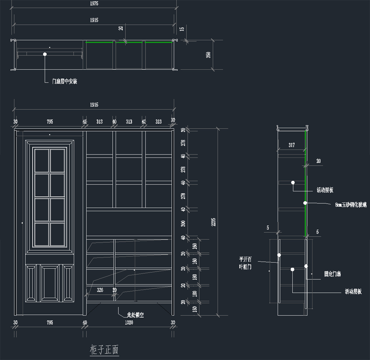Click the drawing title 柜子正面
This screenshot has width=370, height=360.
(x=104, y=350)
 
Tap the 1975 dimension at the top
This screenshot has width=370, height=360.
(x=94, y=3)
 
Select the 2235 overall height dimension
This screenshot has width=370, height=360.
(x=213, y=222)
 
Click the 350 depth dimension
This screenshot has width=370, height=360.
(x=208, y=55)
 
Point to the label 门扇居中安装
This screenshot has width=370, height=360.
(x=64, y=81)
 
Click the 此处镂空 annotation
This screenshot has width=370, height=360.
(x=135, y=315)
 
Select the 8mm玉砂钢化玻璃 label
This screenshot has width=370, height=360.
(x=351, y=205)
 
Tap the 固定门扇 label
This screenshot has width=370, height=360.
(x=332, y=274)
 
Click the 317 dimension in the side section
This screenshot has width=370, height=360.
(x=292, y=145)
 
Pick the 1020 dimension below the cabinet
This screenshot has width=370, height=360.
(x=129, y=322)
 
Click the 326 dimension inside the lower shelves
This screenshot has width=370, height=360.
(x=100, y=290)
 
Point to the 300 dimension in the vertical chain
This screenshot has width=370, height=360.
(x=183, y=223)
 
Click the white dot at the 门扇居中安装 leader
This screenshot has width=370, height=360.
(x=45, y=54)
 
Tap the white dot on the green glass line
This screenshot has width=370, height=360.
(x=305, y=203)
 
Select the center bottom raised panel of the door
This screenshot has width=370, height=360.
(x=50, y=283)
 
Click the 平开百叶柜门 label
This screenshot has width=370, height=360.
(x=245, y=263)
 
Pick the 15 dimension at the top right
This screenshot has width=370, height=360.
(x=182, y=29)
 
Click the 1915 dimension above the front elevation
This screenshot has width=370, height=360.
(x=94, y=105)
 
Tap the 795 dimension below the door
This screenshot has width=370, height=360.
(x=50, y=322)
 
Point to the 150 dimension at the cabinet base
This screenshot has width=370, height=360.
(x=195, y=309)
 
